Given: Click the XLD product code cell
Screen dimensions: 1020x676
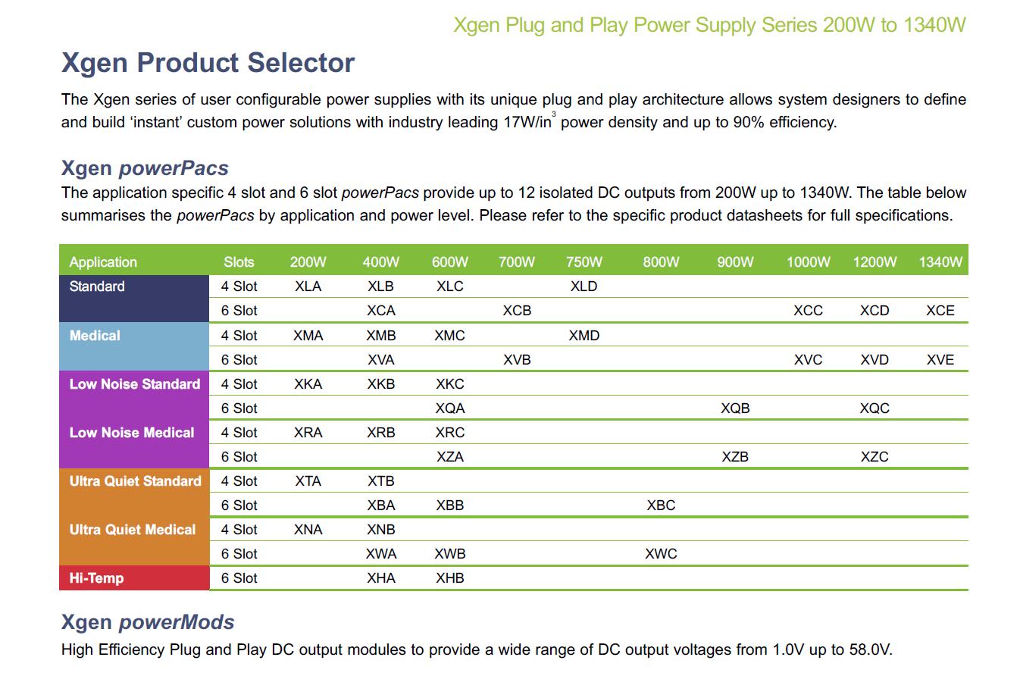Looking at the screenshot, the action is [584, 286].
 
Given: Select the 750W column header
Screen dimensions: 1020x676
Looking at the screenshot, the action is [584, 262].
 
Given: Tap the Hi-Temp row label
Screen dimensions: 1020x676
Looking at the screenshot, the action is [96, 578].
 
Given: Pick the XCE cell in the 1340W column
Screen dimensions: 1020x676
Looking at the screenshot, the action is [940, 311].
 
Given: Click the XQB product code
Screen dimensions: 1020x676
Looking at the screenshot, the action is [735, 408].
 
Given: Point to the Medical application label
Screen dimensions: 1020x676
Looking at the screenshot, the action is [95, 336].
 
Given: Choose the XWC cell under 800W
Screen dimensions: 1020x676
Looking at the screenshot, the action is [661, 554].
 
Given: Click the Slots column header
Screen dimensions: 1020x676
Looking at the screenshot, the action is [239, 262].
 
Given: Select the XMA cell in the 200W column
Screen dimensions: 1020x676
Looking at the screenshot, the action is [308, 336].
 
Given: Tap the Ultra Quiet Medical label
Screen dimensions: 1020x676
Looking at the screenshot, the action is [133, 530].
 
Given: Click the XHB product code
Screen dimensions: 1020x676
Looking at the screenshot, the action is [450, 578].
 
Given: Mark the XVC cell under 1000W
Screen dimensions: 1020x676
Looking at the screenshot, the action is [809, 360].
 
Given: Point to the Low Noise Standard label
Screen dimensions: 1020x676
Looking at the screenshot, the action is [135, 384].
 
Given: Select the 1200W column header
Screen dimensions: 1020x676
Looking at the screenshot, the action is [875, 262].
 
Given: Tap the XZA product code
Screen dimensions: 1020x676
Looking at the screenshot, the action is [450, 457].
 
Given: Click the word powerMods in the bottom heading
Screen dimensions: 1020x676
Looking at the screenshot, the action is [177, 622].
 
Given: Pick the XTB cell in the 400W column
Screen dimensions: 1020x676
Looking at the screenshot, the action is [380, 481].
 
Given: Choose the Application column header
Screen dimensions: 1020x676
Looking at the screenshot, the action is [103, 262].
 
